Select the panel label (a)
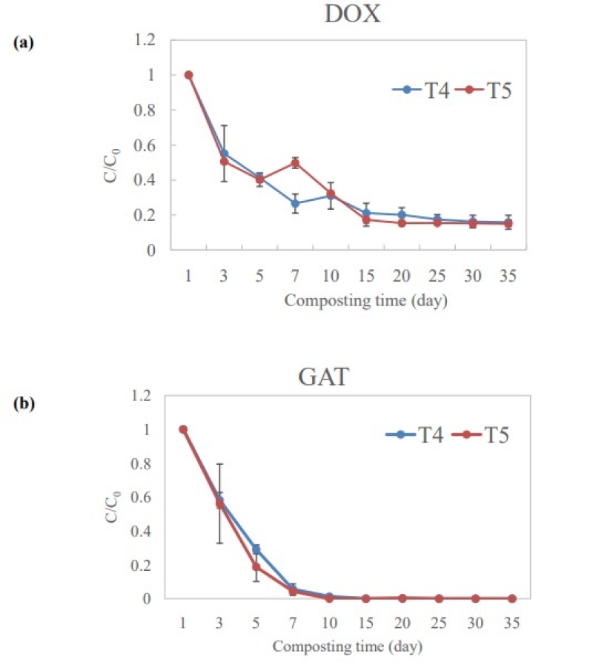pyautogui.click(x=23, y=42)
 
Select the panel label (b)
pyautogui.click(x=23, y=406)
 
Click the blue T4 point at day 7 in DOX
pyautogui.click(x=295, y=204)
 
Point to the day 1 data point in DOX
pyautogui.click(x=189, y=75)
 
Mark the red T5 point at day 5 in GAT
pyautogui.click(x=256, y=566)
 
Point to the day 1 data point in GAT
pyautogui.click(x=183, y=429)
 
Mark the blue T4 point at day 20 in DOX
pyautogui.click(x=402, y=215)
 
